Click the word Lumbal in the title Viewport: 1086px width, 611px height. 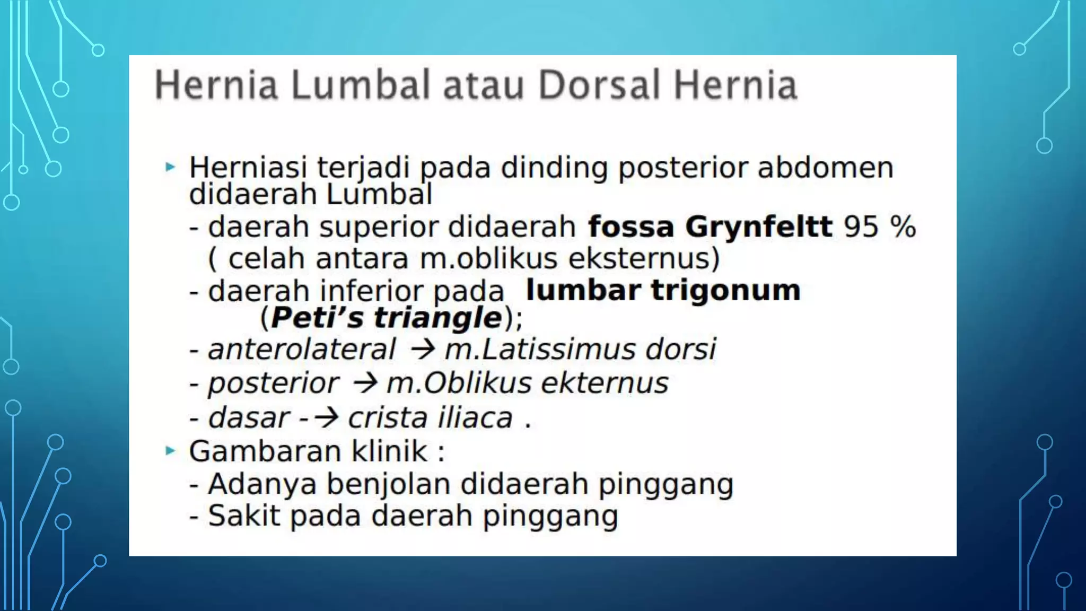point(360,85)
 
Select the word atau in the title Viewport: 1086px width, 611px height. point(483,86)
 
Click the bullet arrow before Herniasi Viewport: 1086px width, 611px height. point(170,168)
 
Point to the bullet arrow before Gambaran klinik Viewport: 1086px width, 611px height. point(170,451)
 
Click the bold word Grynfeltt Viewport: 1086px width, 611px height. point(758,227)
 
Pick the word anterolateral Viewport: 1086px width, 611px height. point(302,350)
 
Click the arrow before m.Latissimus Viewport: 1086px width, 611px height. point(423,350)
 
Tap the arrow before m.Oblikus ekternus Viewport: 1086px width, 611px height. point(365,383)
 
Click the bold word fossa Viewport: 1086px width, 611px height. point(631,227)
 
